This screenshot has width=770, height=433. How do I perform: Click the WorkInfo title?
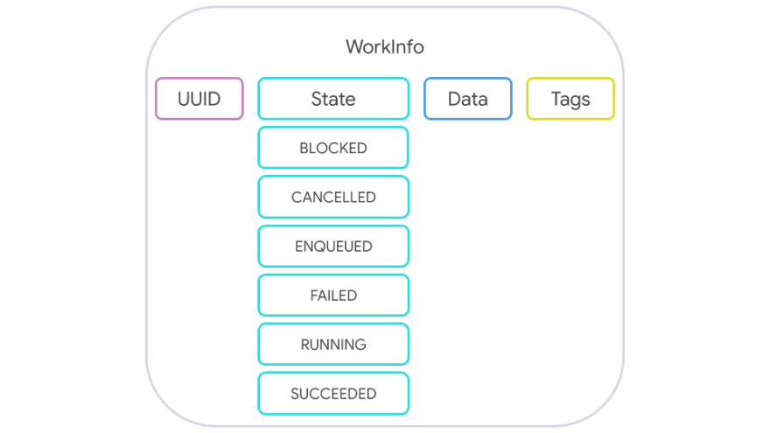pyautogui.click(x=384, y=46)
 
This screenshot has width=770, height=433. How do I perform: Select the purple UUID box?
pyautogui.click(x=199, y=99)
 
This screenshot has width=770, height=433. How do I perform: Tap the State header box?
pyautogui.click(x=333, y=99)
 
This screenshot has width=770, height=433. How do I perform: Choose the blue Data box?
pyautogui.click(x=468, y=99)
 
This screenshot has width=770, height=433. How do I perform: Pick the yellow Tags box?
pyautogui.click(x=570, y=99)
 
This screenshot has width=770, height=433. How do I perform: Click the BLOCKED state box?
pyautogui.click(x=333, y=148)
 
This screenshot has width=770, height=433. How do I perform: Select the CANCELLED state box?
pyautogui.click(x=333, y=197)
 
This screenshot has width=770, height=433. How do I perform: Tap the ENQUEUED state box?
pyautogui.click(x=333, y=246)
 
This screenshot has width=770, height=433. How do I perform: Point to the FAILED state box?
pyautogui.click(x=333, y=295)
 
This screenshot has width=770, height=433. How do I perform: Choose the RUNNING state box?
pyautogui.click(x=333, y=344)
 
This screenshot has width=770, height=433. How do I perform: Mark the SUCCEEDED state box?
pyautogui.click(x=333, y=394)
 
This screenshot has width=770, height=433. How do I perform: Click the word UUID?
pyautogui.click(x=199, y=99)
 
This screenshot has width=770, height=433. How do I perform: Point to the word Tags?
pyautogui.click(x=570, y=100)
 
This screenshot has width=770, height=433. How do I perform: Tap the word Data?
pyautogui.click(x=468, y=99)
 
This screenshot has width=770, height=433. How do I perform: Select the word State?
pyautogui.click(x=333, y=99)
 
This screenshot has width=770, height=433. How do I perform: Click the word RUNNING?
pyautogui.click(x=333, y=345)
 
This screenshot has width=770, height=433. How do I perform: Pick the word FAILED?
pyautogui.click(x=333, y=296)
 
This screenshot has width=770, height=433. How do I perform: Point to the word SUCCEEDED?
pyautogui.click(x=333, y=394)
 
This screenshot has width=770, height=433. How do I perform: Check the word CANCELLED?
pyautogui.click(x=333, y=198)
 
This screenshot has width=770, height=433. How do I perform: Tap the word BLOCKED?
pyautogui.click(x=333, y=148)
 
